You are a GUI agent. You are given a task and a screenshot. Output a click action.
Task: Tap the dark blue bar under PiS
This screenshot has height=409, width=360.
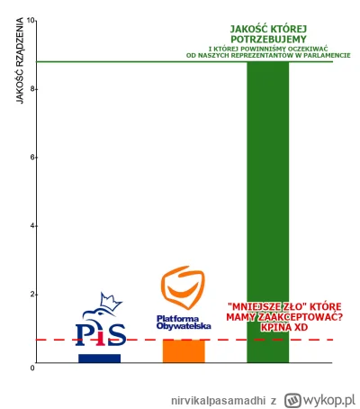click(x=99, y=358)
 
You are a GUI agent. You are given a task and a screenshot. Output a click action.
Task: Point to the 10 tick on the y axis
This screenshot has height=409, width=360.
click(x=31, y=20)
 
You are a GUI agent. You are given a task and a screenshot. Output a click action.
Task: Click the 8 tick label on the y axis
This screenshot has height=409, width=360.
click(x=31, y=88)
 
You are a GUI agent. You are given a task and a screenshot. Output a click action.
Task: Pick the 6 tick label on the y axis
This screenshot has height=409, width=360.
click(x=31, y=157)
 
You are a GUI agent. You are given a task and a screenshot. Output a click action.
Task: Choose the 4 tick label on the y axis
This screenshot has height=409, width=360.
click(x=31, y=225)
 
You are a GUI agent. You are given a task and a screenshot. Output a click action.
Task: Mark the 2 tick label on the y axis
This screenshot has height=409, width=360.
click(x=31, y=295)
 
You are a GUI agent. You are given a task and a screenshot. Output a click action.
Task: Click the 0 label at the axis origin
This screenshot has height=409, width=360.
click(x=31, y=368)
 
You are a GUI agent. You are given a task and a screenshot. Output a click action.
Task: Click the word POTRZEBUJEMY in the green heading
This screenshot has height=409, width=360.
click(x=266, y=39)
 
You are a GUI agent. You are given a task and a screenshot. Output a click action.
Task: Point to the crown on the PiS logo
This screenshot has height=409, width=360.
click(x=111, y=300)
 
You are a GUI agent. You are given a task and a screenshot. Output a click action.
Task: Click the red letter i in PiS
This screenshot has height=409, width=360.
click(x=99, y=333)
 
